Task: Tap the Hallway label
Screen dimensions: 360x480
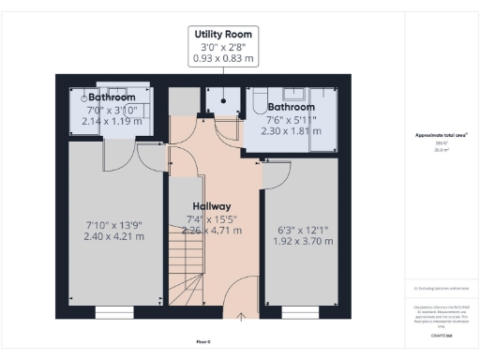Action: coord(212,206)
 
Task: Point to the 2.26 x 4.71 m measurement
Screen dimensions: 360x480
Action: coord(212,231)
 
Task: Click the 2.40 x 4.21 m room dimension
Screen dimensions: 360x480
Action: coord(114,236)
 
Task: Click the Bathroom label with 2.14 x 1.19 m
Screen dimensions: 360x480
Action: coord(111,97)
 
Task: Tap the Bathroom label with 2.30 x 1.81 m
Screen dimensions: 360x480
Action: coord(291,107)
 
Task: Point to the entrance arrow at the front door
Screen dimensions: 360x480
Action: coord(242,318)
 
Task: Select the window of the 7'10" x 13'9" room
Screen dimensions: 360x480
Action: coord(114,312)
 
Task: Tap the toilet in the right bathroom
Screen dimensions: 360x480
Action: coord(257,105)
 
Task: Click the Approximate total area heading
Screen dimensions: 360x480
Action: coord(442,135)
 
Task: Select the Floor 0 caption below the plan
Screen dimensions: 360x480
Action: coord(203,341)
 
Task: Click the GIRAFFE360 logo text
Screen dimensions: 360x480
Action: coord(442,335)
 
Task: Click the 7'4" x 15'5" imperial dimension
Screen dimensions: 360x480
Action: coord(212,219)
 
